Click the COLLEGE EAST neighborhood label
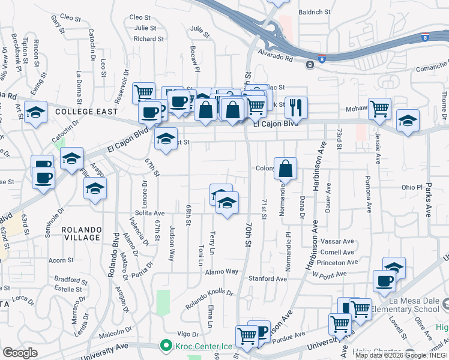click(x=83, y=112)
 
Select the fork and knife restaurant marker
click(x=296, y=107)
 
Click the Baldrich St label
click(x=315, y=11)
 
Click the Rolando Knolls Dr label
click(x=209, y=299)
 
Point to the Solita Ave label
click(x=149, y=213)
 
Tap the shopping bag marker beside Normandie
click(x=286, y=169)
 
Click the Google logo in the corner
click(x=20, y=353)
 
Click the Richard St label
click(x=149, y=39)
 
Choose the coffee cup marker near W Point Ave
click(x=384, y=281)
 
